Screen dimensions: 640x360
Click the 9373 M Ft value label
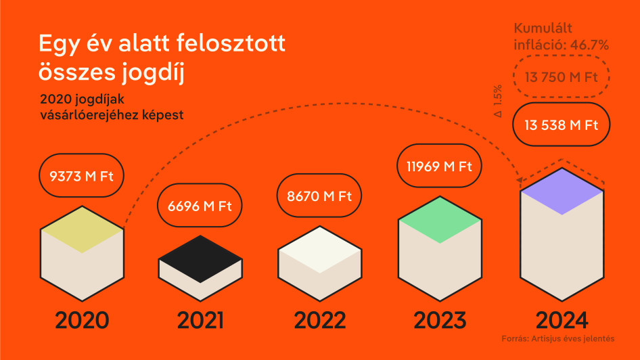[81, 175]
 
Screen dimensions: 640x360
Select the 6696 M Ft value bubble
[200, 205]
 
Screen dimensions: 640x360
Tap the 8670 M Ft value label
[319, 196]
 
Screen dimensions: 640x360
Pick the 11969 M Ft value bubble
[439, 166]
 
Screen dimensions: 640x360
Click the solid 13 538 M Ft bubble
[562, 125]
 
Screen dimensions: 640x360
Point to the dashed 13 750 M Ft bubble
[562, 76]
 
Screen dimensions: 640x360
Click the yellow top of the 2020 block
[82, 229]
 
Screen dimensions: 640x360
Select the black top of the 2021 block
[200, 258]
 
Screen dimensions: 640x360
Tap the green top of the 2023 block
[440, 220]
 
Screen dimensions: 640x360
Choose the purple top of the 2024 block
[562, 192]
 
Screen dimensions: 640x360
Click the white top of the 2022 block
[320, 250]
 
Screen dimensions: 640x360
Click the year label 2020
[82, 320]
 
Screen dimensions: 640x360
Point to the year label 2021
[200, 320]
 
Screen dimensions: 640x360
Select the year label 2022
[320, 320]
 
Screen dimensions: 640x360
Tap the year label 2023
[440, 320]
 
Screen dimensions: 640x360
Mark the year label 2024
[562, 320]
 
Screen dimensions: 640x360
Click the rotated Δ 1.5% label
[497, 102]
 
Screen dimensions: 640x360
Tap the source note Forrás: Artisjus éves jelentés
[558, 338]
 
